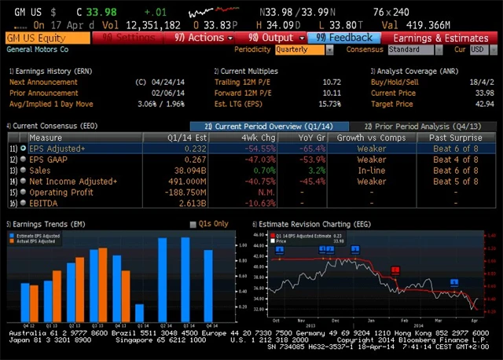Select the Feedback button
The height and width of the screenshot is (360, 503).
[x=343, y=38]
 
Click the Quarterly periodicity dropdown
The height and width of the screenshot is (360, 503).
[x=305, y=50]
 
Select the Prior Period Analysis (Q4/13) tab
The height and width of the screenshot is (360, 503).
[x=421, y=126]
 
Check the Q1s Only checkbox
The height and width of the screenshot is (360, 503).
[x=193, y=224]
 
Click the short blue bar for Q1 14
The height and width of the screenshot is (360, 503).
[x=139, y=309]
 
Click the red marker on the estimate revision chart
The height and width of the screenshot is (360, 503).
[x=395, y=270]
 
